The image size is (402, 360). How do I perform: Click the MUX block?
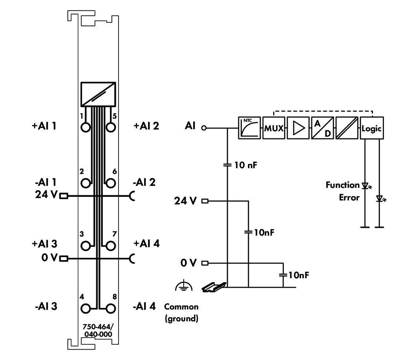[274, 128]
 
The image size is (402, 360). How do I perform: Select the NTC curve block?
[249, 128]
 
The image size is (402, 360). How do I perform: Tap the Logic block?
[372, 128]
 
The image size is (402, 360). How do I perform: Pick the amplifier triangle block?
[298, 128]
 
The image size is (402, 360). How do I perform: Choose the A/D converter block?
[323, 128]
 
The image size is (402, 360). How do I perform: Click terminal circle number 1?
[86, 127]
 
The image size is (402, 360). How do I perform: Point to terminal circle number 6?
[110, 183]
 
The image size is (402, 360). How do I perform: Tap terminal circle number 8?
[110, 309]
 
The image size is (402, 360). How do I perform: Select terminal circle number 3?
[86, 246]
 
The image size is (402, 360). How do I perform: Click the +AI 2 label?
[146, 126]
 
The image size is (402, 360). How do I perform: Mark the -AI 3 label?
[46, 306]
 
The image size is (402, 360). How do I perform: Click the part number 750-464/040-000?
[98, 331]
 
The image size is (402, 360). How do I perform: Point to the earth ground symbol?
[184, 287]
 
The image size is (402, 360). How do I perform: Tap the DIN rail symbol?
[214, 287]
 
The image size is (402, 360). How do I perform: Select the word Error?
[349, 198]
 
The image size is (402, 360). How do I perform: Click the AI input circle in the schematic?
[204, 128]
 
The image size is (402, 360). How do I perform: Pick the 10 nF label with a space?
[245, 165]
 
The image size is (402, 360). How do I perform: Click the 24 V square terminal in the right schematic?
[205, 201]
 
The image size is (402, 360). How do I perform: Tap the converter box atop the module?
[98, 94]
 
